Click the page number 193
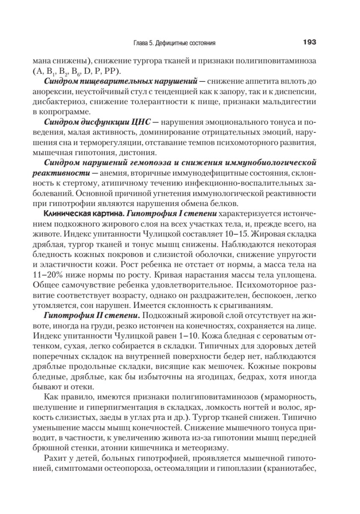point(309,42)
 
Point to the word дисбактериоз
point(62,102)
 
